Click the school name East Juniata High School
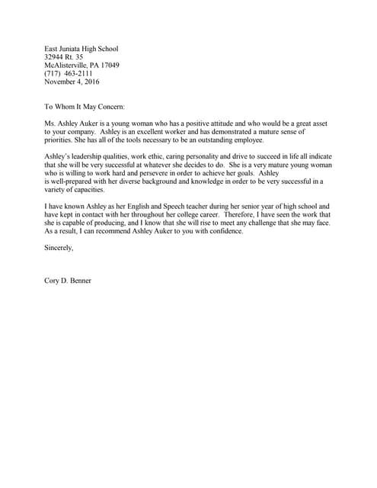coord(81,49)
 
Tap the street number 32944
coord(56,57)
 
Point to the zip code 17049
coord(109,66)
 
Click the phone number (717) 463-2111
coord(69,74)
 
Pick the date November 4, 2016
coord(72,82)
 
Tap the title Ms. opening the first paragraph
coord(51,124)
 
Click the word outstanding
coord(216,140)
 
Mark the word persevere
coord(174,173)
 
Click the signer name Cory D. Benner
coord(68,281)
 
